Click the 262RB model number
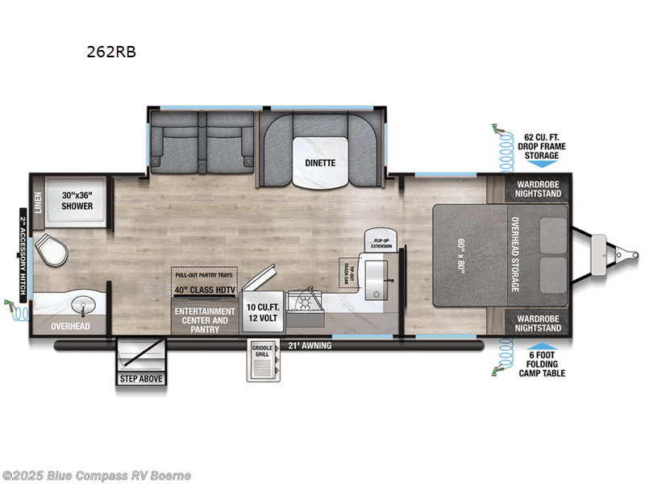point(111,52)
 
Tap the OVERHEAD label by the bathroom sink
point(71,327)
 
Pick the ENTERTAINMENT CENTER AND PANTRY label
point(205,319)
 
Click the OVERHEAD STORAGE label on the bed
point(514,255)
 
